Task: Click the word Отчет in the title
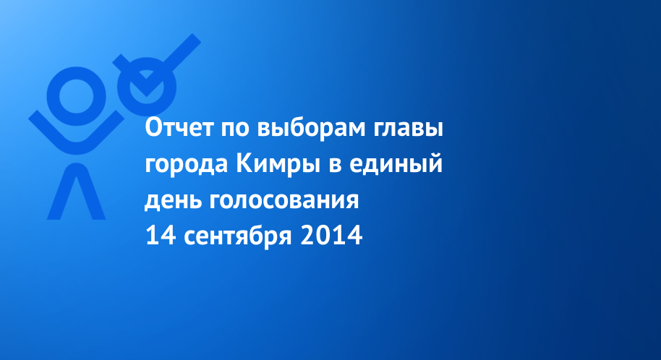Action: click(x=179, y=127)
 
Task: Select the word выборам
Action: click(x=311, y=129)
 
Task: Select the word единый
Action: click(x=396, y=164)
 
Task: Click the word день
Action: click(x=173, y=202)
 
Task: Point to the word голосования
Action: click(x=284, y=202)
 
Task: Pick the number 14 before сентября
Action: click(x=161, y=235)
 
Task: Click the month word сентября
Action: click(x=238, y=236)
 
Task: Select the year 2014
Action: click(x=331, y=235)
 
